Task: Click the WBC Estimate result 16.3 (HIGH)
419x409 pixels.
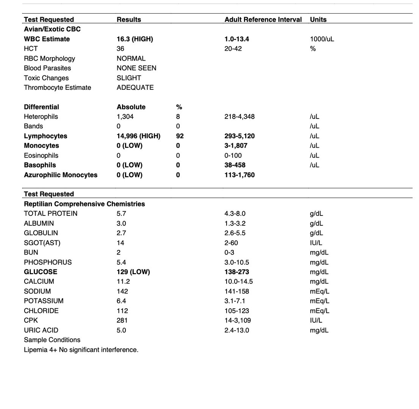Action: click(134, 39)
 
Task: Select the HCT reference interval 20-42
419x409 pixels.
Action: click(233, 48)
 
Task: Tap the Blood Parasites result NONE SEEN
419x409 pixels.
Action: click(136, 68)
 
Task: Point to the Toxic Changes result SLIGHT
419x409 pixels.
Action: click(129, 78)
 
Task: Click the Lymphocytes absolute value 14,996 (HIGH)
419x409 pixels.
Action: click(138, 136)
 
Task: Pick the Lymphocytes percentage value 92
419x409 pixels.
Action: click(180, 136)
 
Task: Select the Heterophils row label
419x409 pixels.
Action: click(41, 117)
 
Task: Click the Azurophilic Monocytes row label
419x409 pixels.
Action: click(61, 175)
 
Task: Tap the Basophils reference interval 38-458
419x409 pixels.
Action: click(235, 165)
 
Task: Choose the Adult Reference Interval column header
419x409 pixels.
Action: click(263, 19)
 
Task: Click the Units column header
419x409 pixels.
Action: click(318, 19)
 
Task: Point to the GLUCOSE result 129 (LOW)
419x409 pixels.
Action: click(133, 272)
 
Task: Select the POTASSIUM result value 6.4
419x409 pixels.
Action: click(121, 301)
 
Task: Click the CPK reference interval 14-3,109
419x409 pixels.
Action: click(238, 320)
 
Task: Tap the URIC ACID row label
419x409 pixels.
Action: click(41, 330)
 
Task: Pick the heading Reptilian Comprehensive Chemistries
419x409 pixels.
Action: click(84, 204)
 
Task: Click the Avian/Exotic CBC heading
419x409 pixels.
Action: click(52, 29)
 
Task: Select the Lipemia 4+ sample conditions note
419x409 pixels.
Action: click(81, 350)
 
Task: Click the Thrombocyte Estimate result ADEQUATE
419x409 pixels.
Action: click(135, 87)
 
